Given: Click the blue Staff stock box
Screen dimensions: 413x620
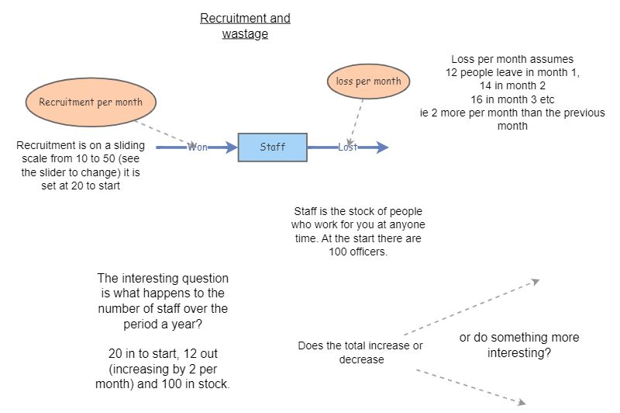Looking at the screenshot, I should (x=272, y=147).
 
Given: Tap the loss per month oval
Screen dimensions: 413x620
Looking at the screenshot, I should (x=368, y=82).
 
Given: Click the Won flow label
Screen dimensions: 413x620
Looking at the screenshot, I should (x=197, y=147).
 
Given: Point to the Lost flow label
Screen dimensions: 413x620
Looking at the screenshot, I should (x=347, y=147).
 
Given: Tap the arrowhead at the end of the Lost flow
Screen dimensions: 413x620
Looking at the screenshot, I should (x=382, y=147).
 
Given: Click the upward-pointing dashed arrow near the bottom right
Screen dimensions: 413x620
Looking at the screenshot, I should (x=473, y=307).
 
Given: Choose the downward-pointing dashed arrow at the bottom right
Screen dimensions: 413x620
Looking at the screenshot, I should (x=473, y=386).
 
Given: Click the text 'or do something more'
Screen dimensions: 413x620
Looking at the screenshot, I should (x=519, y=338).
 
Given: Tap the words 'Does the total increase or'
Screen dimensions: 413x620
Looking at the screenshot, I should (x=360, y=345).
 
